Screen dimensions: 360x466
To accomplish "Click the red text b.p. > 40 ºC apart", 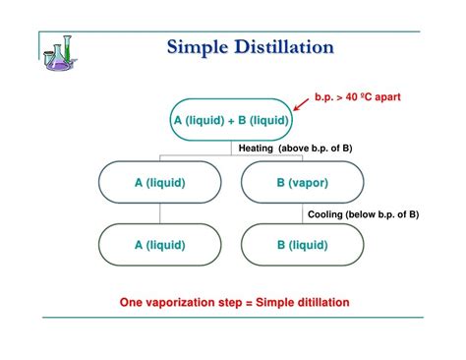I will pyautogui.click(x=358, y=96).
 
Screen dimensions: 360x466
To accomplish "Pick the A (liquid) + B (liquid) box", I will pyautogui.click(x=231, y=120).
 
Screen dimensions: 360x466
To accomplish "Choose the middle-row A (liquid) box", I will pyautogui.click(x=159, y=182).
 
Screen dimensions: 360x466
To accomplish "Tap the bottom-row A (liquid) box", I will pyautogui.click(x=159, y=244).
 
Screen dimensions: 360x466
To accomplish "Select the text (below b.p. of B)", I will pyautogui.click(x=385, y=213).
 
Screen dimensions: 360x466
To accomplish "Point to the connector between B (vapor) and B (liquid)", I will pyautogui.click(x=302, y=213).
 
